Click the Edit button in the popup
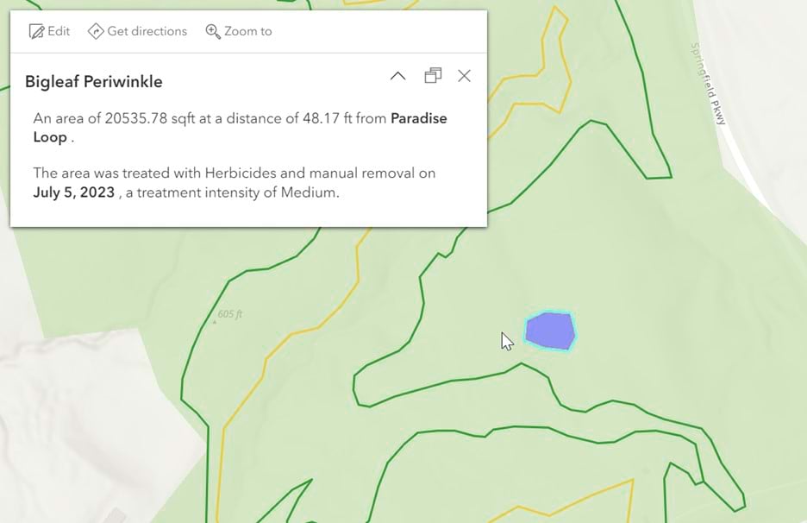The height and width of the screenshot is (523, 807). click(49, 31)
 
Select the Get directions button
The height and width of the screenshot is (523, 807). click(137, 31)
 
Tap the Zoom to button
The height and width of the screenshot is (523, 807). click(238, 31)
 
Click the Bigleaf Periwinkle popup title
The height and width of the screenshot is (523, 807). click(94, 82)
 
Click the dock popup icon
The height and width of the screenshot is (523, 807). click(433, 76)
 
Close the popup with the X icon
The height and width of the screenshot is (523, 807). click(464, 76)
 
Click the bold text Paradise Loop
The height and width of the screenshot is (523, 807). click(418, 119)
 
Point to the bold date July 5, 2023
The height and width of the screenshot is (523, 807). click(74, 192)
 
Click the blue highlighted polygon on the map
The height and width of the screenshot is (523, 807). click(550, 331)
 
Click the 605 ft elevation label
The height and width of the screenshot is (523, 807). click(229, 314)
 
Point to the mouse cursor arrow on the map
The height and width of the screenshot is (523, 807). click(507, 341)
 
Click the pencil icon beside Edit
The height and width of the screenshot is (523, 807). click(36, 31)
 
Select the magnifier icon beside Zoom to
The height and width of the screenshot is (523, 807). click(212, 31)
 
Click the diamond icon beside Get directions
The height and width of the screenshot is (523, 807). click(96, 31)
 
